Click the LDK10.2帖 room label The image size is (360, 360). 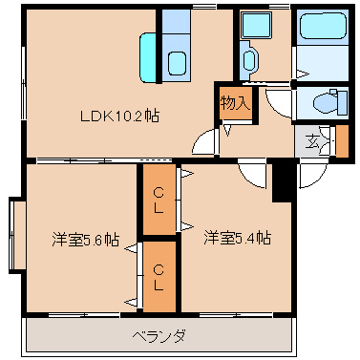point(119,116)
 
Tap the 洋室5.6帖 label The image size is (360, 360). point(86,240)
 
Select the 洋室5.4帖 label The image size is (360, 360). point(238,238)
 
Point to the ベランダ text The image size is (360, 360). point(159,336)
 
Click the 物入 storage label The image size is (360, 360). point(236,103)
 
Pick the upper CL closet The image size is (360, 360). point(159,200)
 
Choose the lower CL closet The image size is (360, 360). point(159,277)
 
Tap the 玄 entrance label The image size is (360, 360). point(312,141)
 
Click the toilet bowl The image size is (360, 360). point(325,102)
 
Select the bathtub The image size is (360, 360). point(323,26)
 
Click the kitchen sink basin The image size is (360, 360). point(177,63)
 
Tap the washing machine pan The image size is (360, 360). point(256,25)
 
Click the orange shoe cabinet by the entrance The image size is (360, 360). point(343,141)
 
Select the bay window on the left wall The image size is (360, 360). point(17,235)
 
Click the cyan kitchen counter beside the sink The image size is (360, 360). point(147,57)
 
